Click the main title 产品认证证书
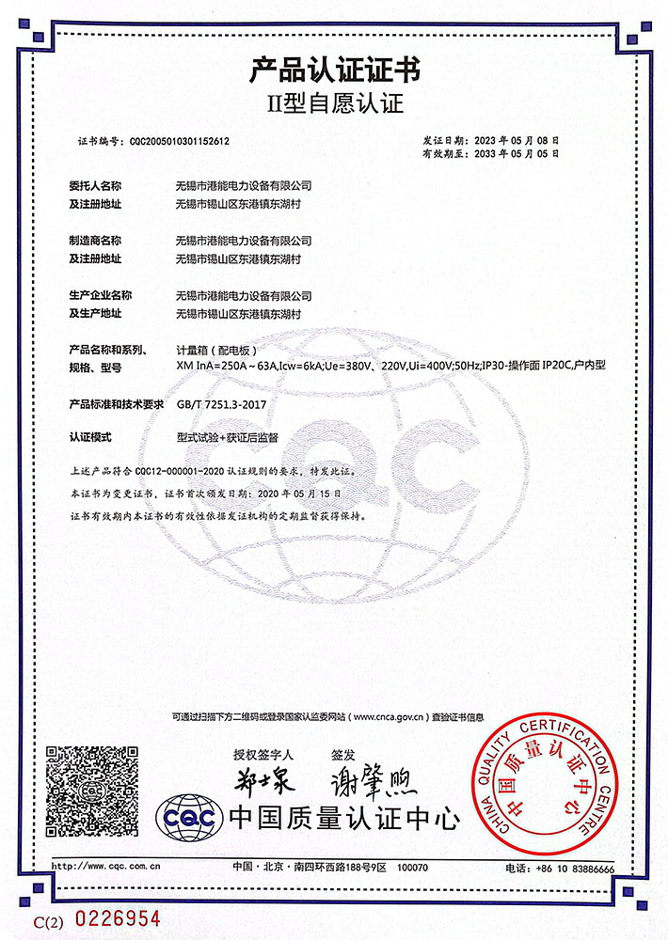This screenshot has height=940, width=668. [x=334, y=70]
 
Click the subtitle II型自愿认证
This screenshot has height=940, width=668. [x=334, y=102]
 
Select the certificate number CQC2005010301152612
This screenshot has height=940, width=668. [x=180, y=141]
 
